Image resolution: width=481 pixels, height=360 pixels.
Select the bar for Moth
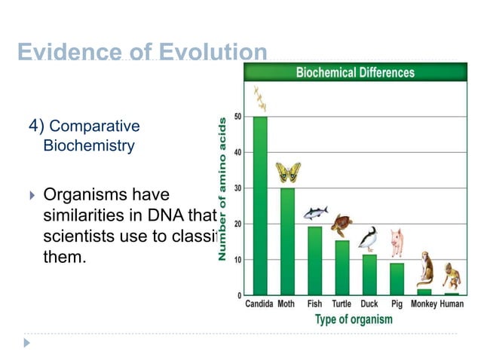pyautogui.click(x=287, y=241)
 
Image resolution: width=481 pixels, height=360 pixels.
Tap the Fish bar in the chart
pyautogui.click(x=314, y=260)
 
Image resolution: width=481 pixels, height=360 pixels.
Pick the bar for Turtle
pyautogui.click(x=342, y=267)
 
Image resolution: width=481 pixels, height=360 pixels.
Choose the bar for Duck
pyautogui.click(x=369, y=274)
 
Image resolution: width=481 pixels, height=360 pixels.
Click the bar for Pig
pyautogui.click(x=397, y=278)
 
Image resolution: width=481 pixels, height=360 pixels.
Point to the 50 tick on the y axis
pyautogui.click(x=238, y=116)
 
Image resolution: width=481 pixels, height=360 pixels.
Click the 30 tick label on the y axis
pyautogui.click(x=238, y=188)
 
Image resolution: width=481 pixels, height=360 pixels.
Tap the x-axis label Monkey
pyautogui.click(x=424, y=304)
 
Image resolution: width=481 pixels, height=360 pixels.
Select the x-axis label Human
pyautogui.click(x=452, y=304)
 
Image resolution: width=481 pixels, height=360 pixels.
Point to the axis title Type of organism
pyautogui.click(x=353, y=319)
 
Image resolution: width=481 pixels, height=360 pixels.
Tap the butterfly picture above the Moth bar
pyautogui.click(x=287, y=172)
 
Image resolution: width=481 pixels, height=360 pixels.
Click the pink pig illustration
pyautogui.click(x=397, y=243)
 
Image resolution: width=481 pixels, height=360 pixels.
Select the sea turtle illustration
pyautogui.click(x=342, y=224)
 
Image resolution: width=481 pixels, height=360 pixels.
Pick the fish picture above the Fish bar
pyautogui.click(x=315, y=213)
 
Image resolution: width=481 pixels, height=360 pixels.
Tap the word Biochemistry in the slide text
pyautogui.click(x=89, y=145)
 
